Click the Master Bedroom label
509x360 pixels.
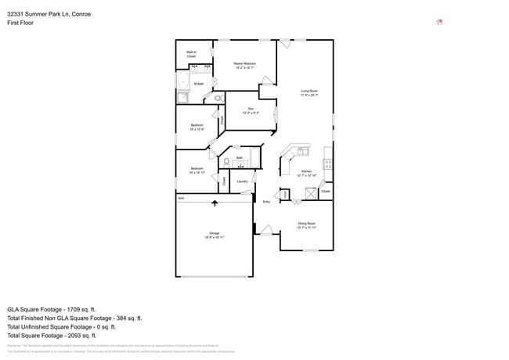(x=245, y=65)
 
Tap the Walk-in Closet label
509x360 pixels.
(x=191, y=55)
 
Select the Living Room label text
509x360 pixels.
(x=309, y=92)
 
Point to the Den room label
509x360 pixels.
(x=251, y=110)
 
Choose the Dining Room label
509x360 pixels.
(x=306, y=225)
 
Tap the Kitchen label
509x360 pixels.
(x=306, y=173)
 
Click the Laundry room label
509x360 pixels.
(x=243, y=182)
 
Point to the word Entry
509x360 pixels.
(x=266, y=202)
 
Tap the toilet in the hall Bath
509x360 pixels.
(x=226, y=162)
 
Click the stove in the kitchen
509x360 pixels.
(x=329, y=165)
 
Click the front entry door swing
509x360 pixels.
(x=266, y=230)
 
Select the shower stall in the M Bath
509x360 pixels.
(x=182, y=98)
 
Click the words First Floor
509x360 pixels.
(x=20, y=23)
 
